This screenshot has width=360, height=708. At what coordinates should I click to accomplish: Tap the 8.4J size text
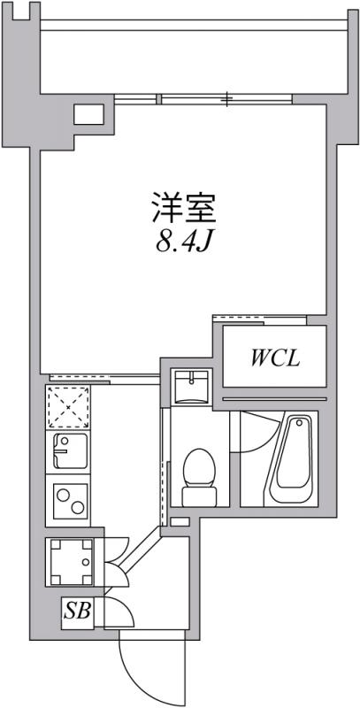[x=184, y=242]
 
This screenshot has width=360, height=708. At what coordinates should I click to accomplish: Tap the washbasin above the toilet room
[x=192, y=385]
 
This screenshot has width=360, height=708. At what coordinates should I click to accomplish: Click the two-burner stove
[x=68, y=500]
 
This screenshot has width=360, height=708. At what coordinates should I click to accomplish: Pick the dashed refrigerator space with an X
[x=68, y=407]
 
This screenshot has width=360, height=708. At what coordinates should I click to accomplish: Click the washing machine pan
[x=72, y=562]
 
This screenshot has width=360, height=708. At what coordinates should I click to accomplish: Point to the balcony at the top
[x=194, y=57]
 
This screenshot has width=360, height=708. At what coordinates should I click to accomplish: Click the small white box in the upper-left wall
[x=88, y=114]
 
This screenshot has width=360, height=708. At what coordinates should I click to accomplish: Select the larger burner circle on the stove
[x=78, y=507]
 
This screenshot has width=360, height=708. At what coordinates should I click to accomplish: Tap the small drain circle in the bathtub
[x=299, y=423]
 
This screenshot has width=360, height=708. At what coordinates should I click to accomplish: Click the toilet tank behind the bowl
[x=199, y=497]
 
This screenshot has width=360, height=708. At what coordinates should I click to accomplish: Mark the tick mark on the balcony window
[x=229, y=98]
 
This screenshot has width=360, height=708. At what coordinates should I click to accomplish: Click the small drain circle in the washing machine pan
[x=86, y=563]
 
